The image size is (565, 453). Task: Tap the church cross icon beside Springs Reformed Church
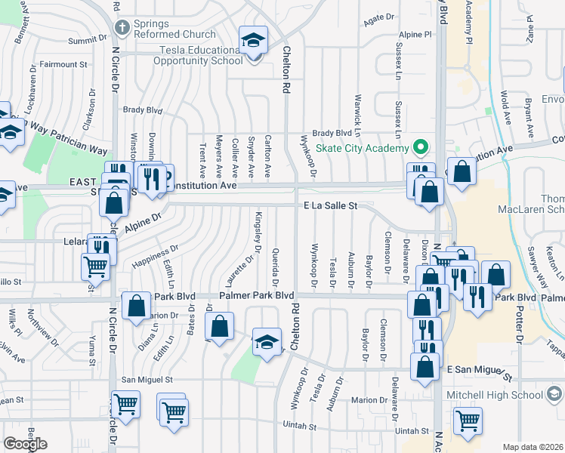coord(122,28)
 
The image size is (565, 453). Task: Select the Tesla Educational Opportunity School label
coord(190,55)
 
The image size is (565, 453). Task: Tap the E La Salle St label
coord(329,205)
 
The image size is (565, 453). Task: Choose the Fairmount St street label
coord(64,65)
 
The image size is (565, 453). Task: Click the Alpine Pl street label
coord(416,34)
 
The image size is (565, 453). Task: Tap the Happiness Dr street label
coord(155,257)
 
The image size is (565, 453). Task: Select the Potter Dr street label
coord(520,325)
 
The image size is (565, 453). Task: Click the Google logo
coord(25,444)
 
